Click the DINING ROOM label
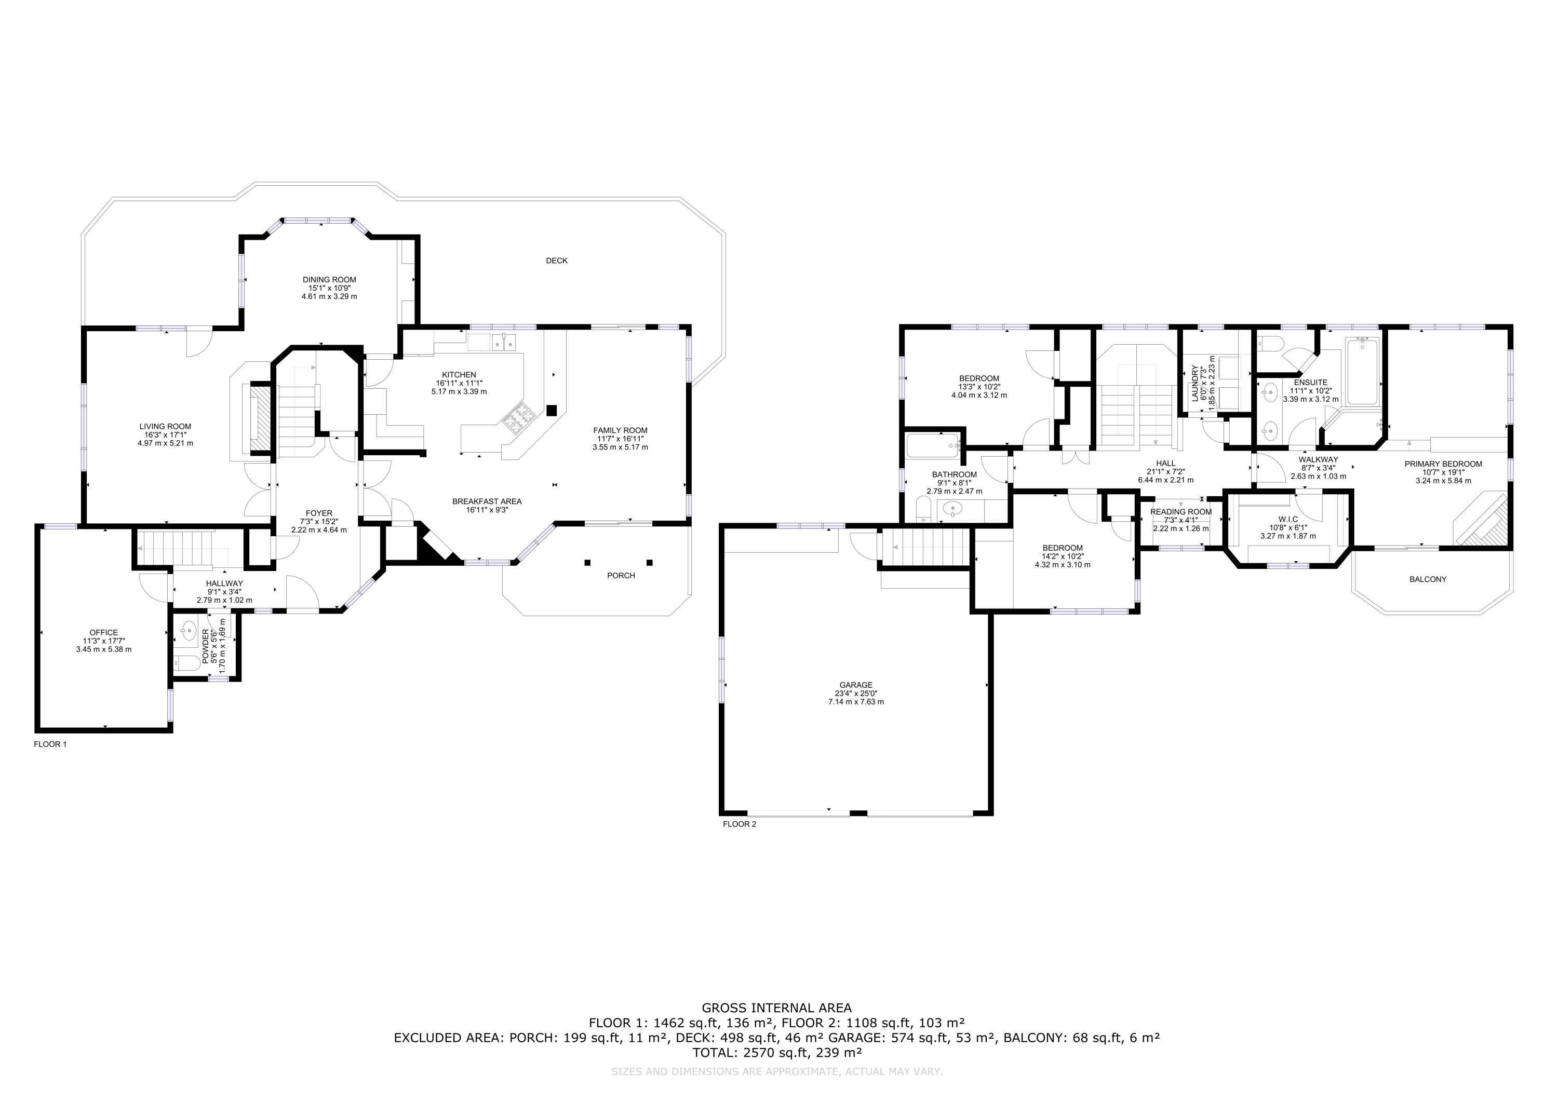[329, 279]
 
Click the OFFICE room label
[103, 632]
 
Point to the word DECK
[556, 261]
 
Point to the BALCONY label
[1428, 579]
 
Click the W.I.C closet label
[1287, 519]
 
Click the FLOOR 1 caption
[50, 744]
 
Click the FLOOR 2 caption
[739, 824]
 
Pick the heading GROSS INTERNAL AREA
[776, 1008]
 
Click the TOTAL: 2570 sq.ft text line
[776, 1053]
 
